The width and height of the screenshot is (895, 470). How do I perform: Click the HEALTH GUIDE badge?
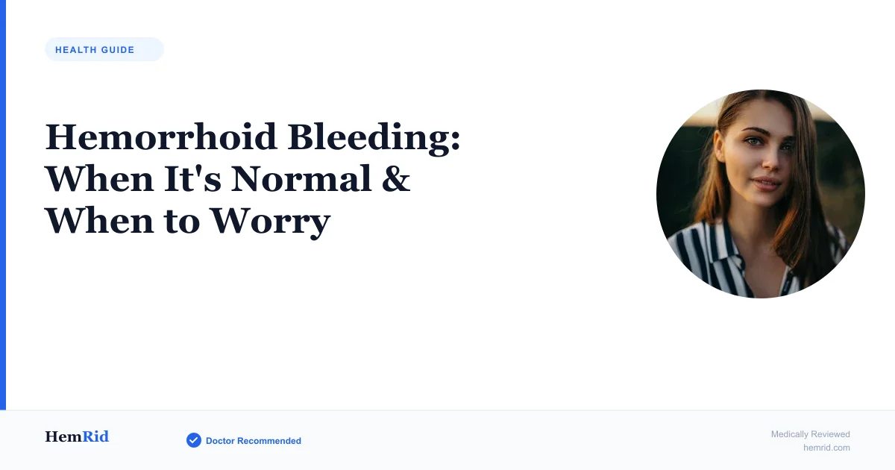click(x=104, y=49)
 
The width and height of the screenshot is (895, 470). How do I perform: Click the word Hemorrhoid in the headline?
click(x=161, y=137)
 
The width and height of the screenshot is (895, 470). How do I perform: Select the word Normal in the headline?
click(x=301, y=179)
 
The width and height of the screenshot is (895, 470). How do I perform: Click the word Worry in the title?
click(x=271, y=222)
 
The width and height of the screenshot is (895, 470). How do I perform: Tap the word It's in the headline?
click(x=192, y=179)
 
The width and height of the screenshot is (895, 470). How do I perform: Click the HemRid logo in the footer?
click(x=77, y=436)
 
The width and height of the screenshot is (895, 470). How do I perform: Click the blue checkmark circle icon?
click(x=194, y=440)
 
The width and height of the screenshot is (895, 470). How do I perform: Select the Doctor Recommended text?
click(x=254, y=441)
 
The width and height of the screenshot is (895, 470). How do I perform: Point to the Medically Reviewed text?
click(x=810, y=434)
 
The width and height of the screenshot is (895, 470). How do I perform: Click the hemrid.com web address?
click(x=826, y=448)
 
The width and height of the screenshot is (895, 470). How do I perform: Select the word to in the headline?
click(x=182, y=222)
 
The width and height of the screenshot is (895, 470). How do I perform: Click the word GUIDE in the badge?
click(x=118, y=50)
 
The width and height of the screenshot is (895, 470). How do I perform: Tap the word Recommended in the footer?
click(x=269, y=441)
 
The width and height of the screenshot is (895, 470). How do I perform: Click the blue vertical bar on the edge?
click(x=3, y=204)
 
